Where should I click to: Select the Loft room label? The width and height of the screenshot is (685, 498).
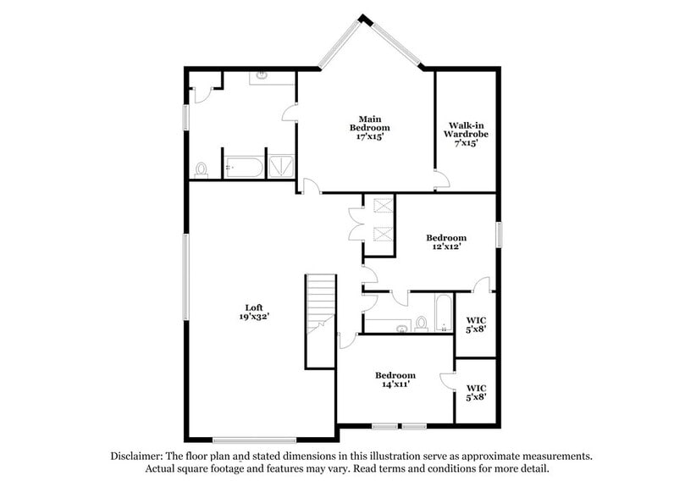click(254, 307)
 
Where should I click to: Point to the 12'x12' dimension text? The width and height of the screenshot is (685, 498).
click(445, 248)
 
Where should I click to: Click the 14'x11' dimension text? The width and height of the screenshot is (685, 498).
click(395, 385)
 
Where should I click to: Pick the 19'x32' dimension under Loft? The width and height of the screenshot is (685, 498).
click(254, 317)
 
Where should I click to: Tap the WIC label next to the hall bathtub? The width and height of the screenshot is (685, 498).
click(475, 320)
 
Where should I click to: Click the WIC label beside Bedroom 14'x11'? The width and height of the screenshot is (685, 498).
click(475, 389)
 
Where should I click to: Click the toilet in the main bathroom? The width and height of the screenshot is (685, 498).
click(201, 169)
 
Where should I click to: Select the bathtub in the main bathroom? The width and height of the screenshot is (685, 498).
click(244, 168)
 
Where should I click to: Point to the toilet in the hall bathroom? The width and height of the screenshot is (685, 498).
click(420, 324)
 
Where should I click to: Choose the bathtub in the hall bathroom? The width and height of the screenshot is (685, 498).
click(443, 314)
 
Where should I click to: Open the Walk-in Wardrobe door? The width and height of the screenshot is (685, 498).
click(440, 180)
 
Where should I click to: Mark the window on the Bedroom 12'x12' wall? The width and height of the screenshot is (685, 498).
click(499, 233)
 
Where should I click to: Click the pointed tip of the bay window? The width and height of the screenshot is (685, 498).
click(364, 18)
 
